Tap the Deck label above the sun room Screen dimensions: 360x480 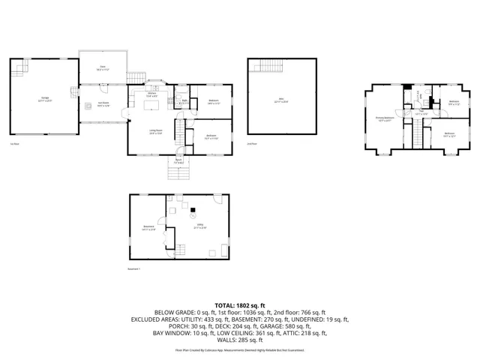click(103, 67)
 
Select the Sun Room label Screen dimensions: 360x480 click(103, 104)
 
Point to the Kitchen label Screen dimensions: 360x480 click(151, 95)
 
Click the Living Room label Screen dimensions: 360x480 click(156, 133)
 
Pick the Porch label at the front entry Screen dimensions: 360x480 click(179, 160)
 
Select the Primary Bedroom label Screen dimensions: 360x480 click(385, 118)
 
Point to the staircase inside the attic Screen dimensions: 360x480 click(268, 67)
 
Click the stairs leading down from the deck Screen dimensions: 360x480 click(135, 79)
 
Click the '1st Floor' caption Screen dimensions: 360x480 click(14, 144)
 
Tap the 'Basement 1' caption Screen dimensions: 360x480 click(134, 268)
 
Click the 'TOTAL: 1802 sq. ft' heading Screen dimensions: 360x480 click(240, 304)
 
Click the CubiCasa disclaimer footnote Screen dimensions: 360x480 click(240, 349)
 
